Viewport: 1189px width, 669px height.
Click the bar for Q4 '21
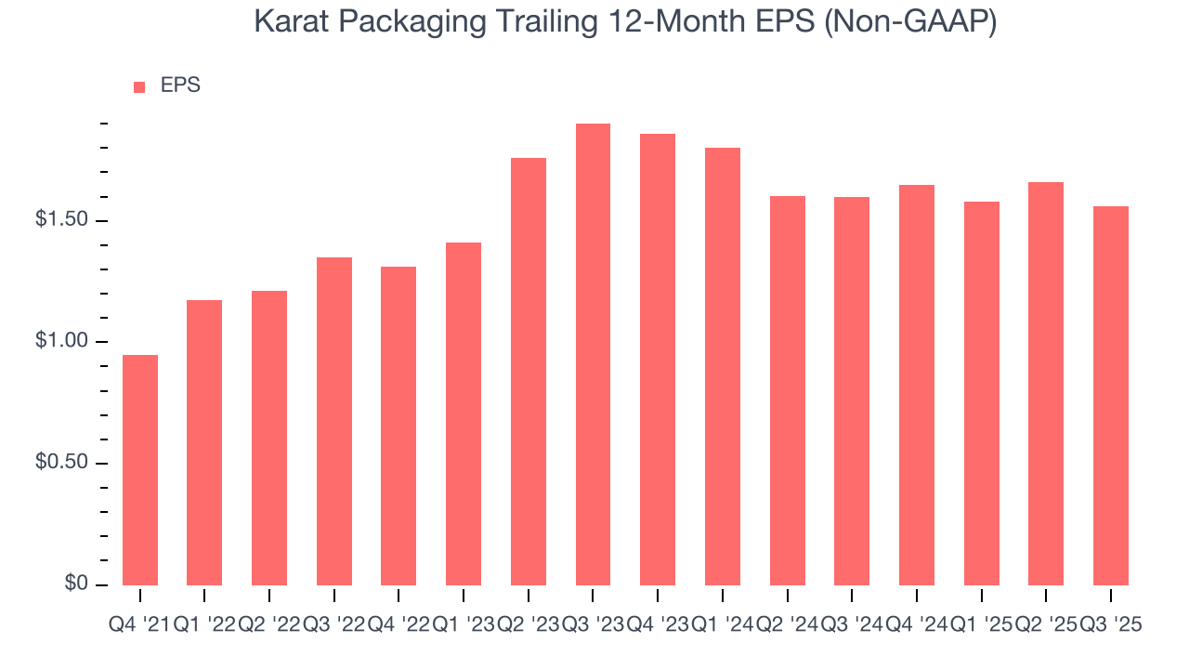coord(140,469)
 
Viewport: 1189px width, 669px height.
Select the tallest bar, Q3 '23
coord(593,354)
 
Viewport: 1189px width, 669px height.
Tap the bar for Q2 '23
coord(529,372)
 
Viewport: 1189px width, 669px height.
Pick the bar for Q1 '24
coord(723,366)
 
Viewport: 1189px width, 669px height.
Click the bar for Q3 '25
coord(1111,395)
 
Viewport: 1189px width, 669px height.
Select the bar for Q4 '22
coord(399,426)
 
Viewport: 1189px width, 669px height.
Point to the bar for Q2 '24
coord(788,390)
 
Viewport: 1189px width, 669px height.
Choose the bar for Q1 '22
coord(204,442)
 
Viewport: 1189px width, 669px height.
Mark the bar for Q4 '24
coord(917,385)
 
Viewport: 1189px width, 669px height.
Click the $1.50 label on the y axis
coord(63,220)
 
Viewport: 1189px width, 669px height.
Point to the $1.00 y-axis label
coord(63,342)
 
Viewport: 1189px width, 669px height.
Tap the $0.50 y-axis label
coord(63,464)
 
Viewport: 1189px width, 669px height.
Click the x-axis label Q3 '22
coord(333,625)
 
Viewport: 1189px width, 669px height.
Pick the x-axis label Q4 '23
coord(658,625)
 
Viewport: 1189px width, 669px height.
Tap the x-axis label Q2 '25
coord(1046,625)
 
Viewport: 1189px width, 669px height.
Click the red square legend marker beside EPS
coord(139,86)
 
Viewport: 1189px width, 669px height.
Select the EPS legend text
coord(180,85)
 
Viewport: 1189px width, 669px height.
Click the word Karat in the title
coord(286,23)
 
